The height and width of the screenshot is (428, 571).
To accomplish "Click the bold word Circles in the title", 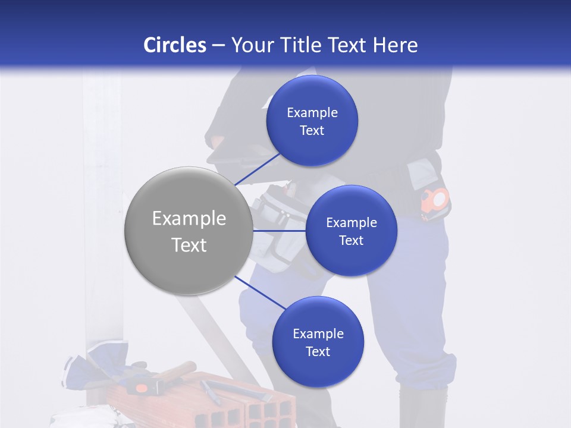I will [x=174, y=45].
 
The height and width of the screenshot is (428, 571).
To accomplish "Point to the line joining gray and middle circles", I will [x=279, y=231].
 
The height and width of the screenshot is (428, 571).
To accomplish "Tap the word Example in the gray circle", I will [x=189, y=219].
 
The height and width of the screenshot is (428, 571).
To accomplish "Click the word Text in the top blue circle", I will [x=312, y=130].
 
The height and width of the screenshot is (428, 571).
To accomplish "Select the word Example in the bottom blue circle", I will [x=318, y=334].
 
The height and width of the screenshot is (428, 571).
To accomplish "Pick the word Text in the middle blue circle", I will [x=351, y=240].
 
